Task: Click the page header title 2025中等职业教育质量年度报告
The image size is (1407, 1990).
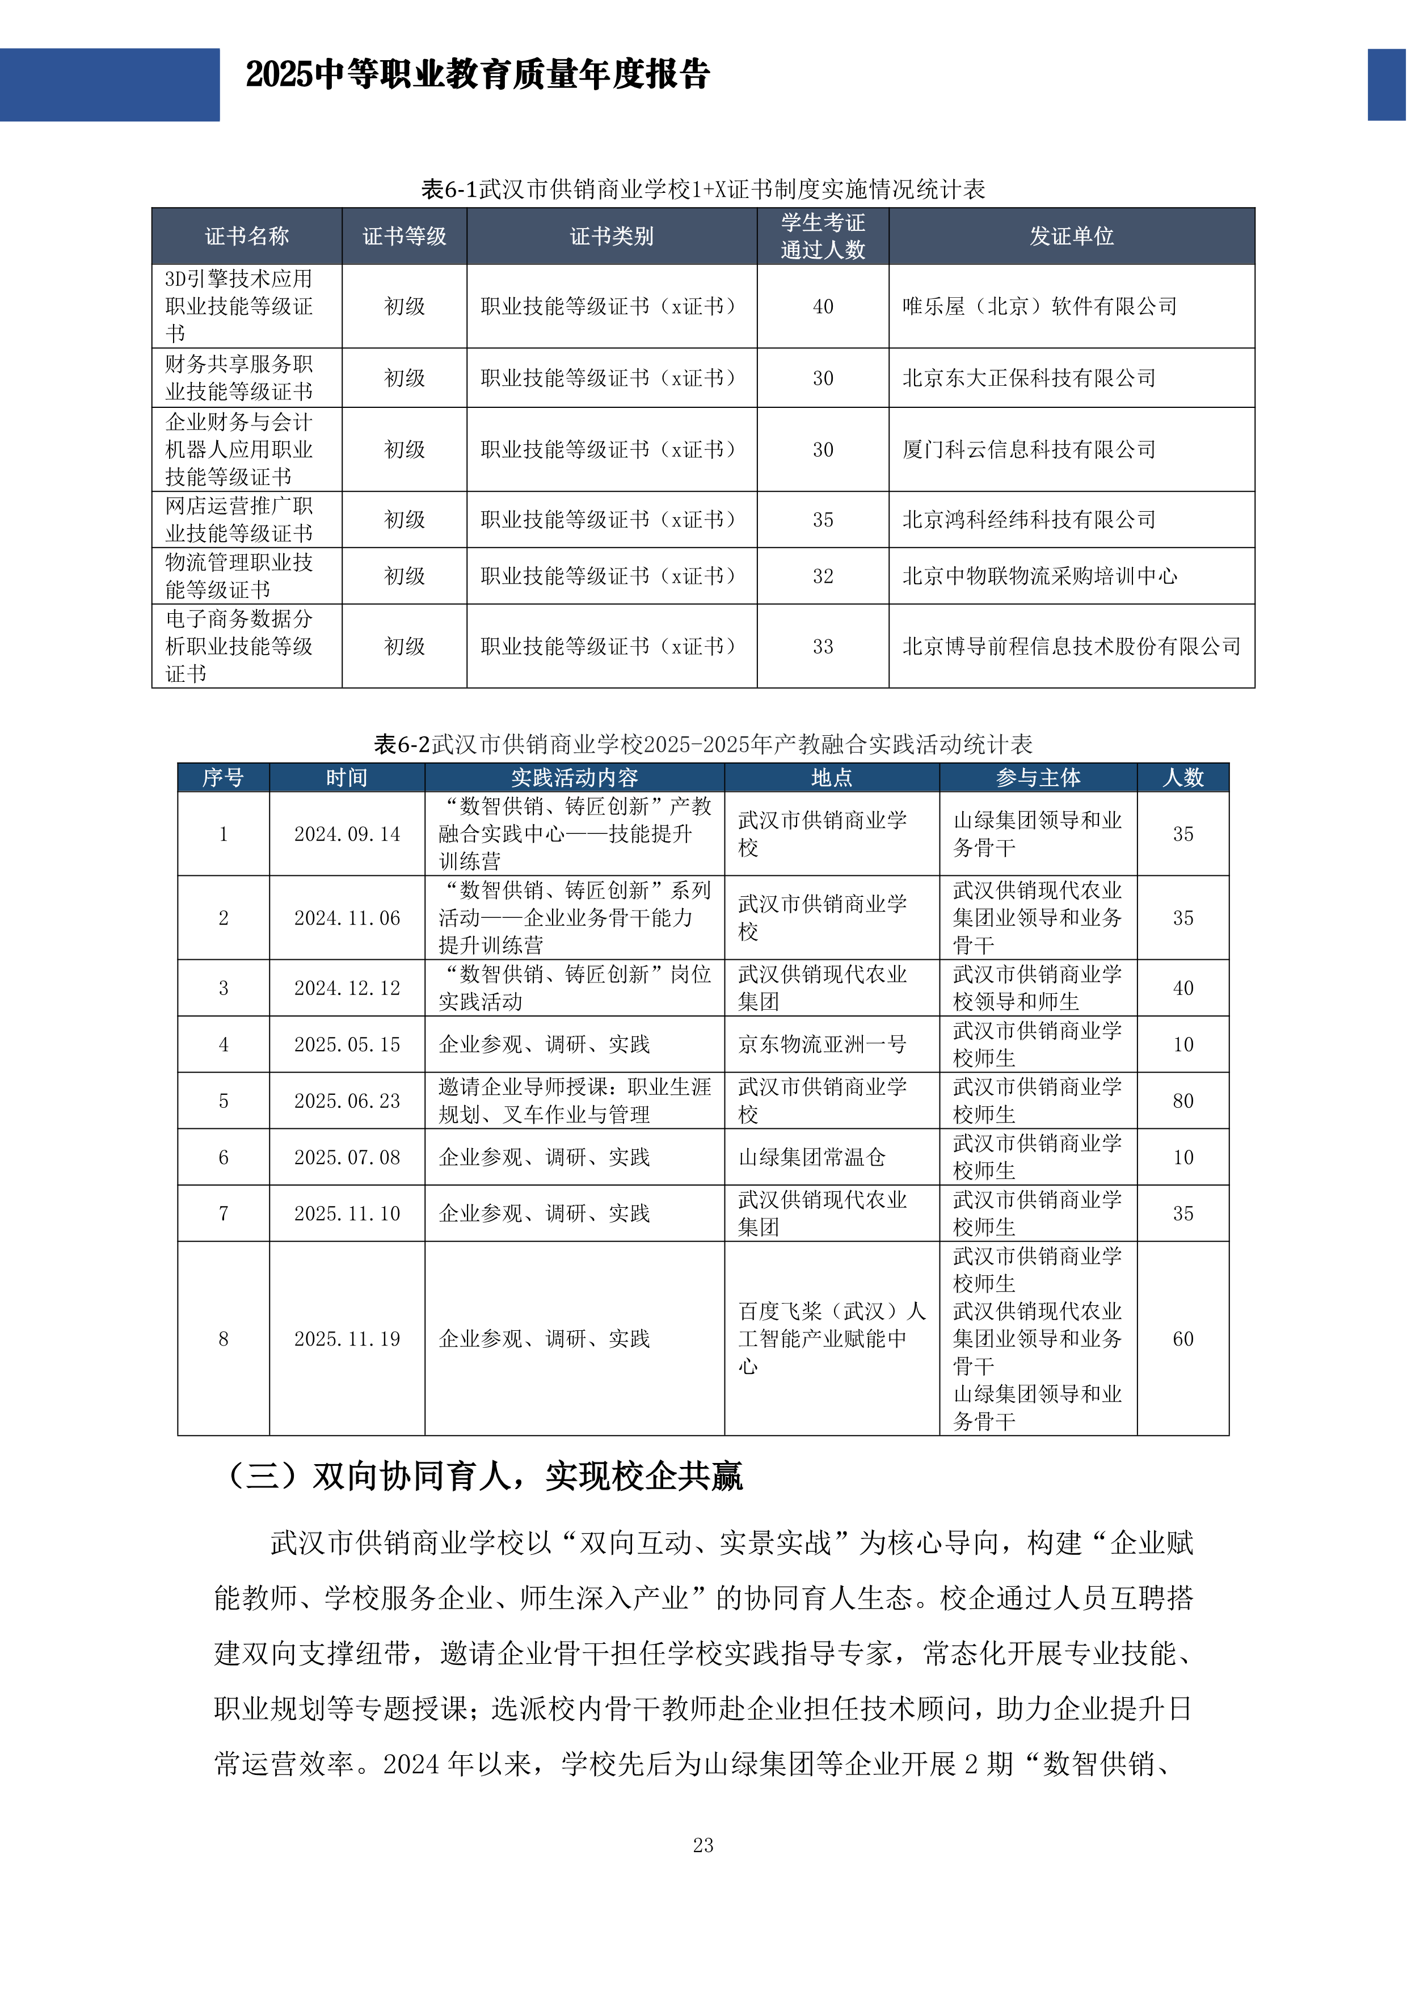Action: click(x=478, y=74)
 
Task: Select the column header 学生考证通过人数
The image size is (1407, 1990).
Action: click(x=822, y=236)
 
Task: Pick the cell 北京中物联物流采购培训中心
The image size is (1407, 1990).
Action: click(x=1039, y=576)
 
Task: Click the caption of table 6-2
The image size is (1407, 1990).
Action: click(x=702, y=744)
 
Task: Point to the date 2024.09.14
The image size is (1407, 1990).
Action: click(x=347, y=834)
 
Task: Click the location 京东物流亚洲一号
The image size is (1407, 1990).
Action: click(x=822, y=1044)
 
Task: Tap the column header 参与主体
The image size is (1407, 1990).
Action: click(x=1038, y=778)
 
